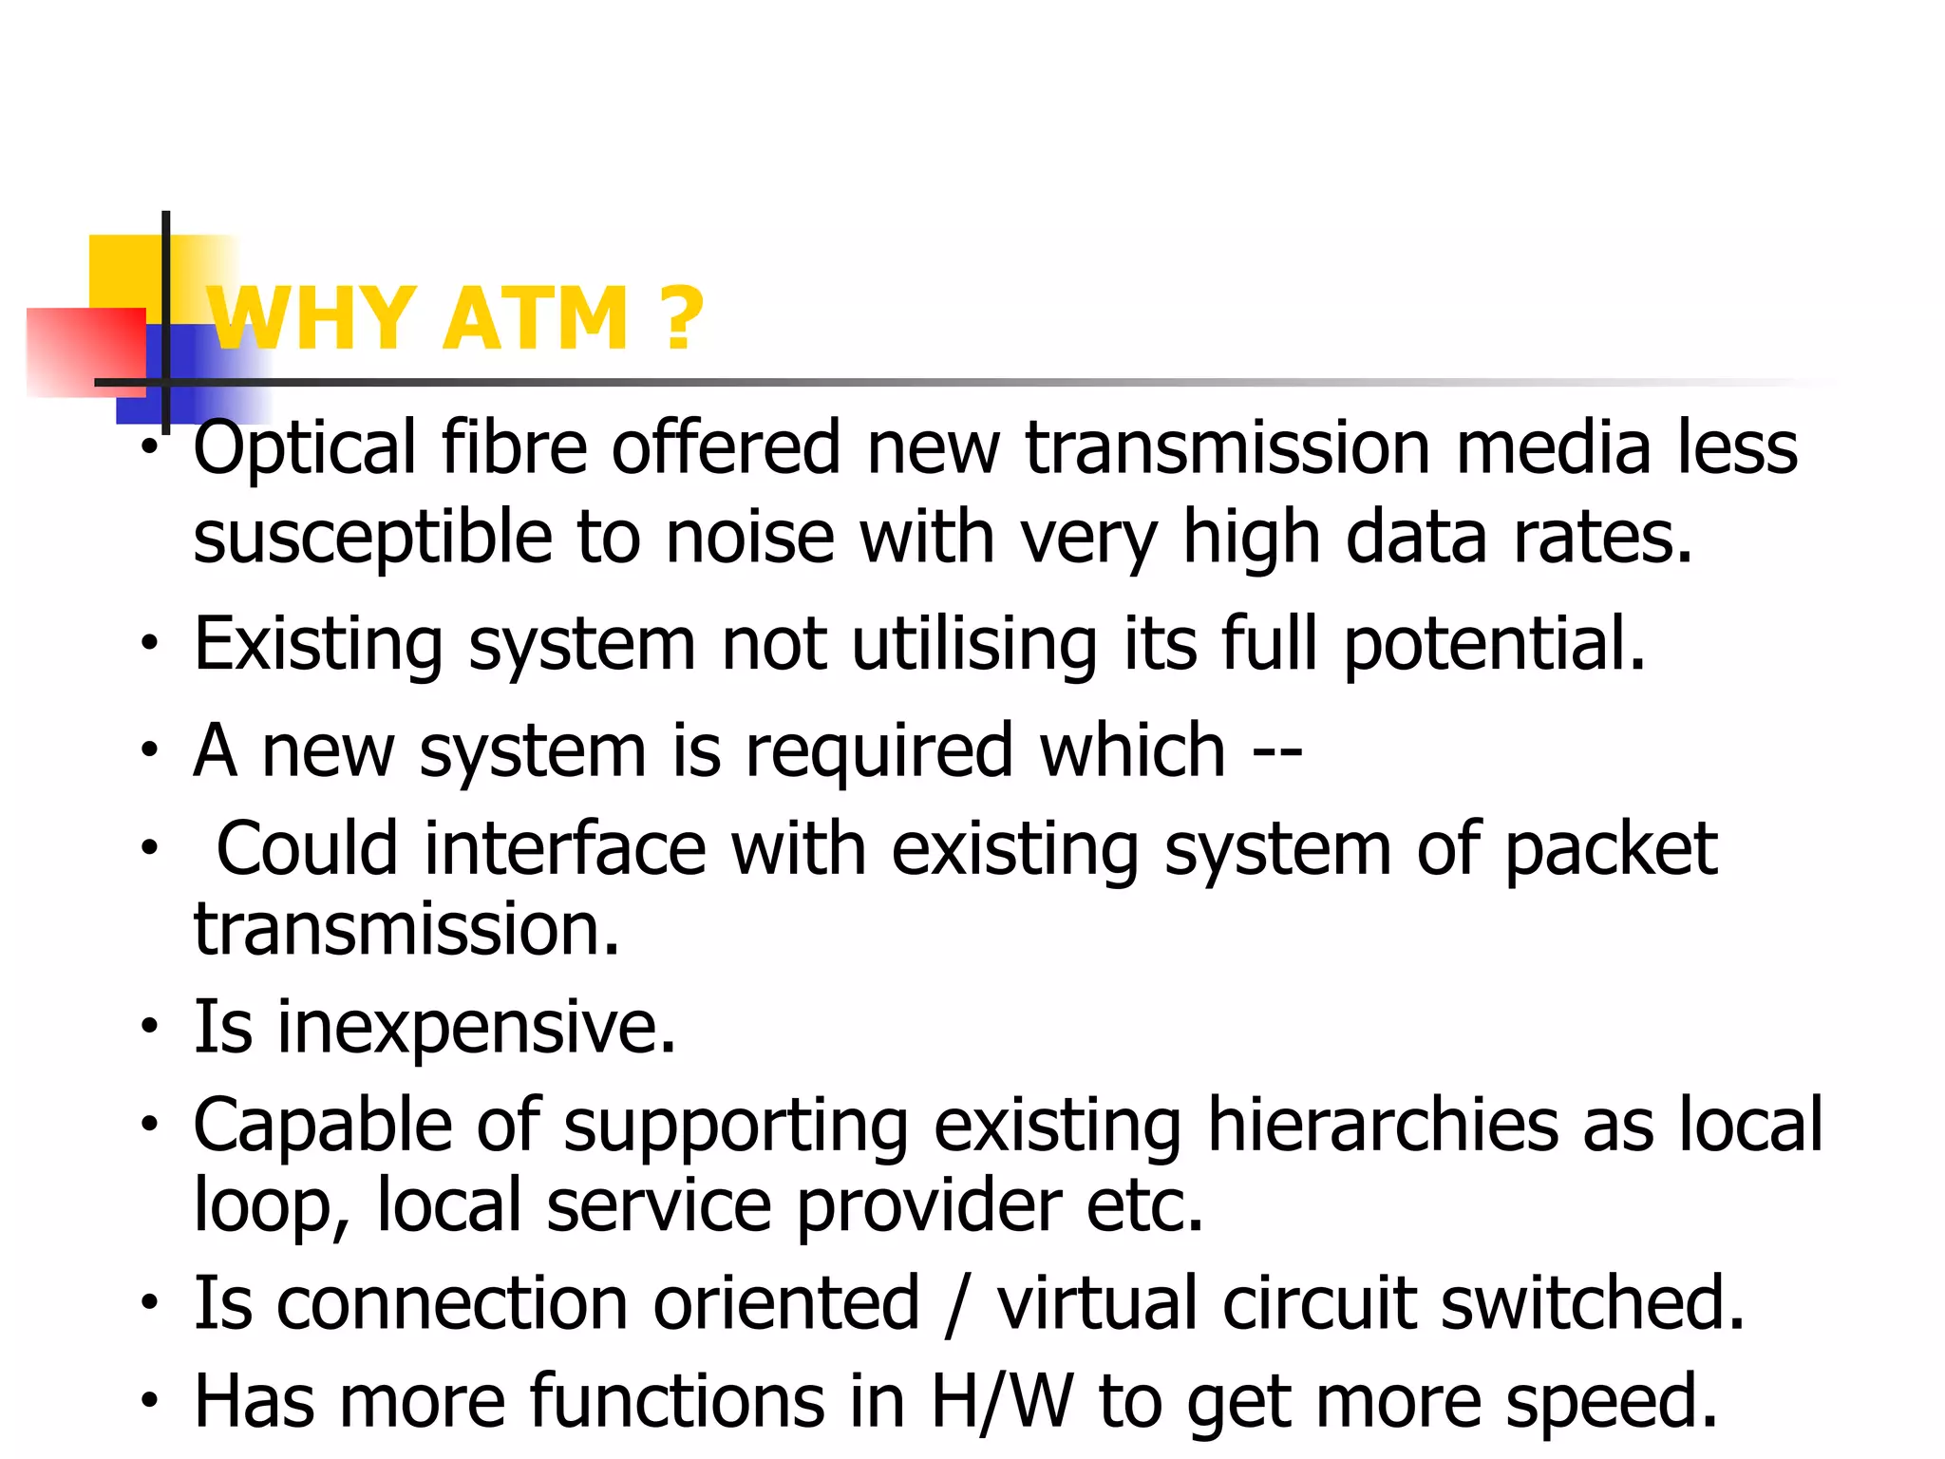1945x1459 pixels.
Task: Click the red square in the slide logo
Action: coord(85,351)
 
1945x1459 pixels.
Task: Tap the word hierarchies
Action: coord(1382,1126)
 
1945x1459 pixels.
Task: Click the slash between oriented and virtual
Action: coord(957,1304)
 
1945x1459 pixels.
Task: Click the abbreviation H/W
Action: coord(1002,1402)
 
